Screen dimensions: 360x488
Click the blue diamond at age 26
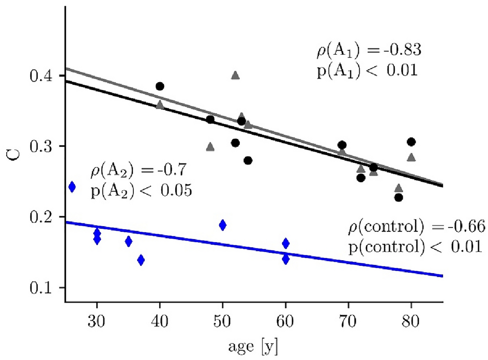coord(72,187)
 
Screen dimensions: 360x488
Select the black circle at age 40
coord(160,86)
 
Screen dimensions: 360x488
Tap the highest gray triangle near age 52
coord(235,76)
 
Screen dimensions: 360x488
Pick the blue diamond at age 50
coord(223,225)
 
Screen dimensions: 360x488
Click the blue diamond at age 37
coord(141,260)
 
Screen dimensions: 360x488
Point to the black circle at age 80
coord(411,142)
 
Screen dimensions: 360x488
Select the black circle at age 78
coord(399,197)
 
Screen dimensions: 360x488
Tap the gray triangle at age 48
coord(210,147)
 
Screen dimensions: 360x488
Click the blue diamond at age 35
coord(128,242)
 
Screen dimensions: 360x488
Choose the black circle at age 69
coord(342,145)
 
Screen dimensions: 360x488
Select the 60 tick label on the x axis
coord(285,316)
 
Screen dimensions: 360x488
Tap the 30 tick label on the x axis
coord(97,316)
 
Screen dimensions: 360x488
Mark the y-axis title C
coord(17,154)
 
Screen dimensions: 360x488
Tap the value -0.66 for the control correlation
coord(465,228)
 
